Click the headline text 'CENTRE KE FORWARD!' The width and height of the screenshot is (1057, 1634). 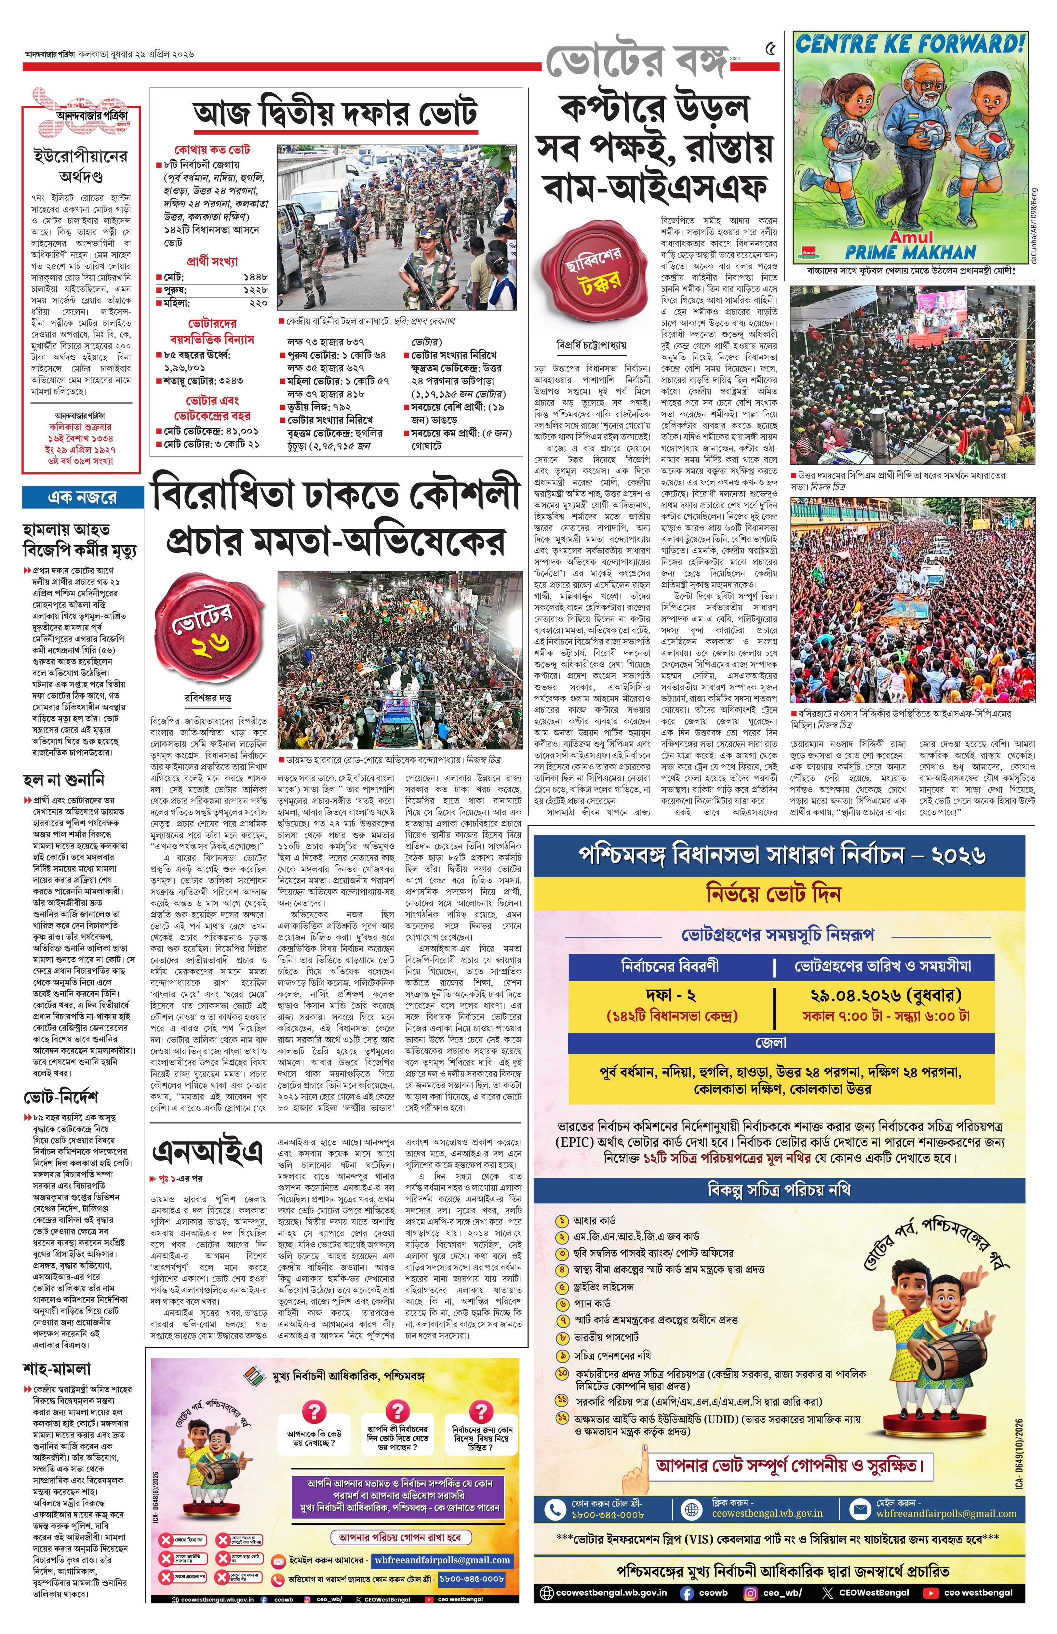[x=910, y=45]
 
